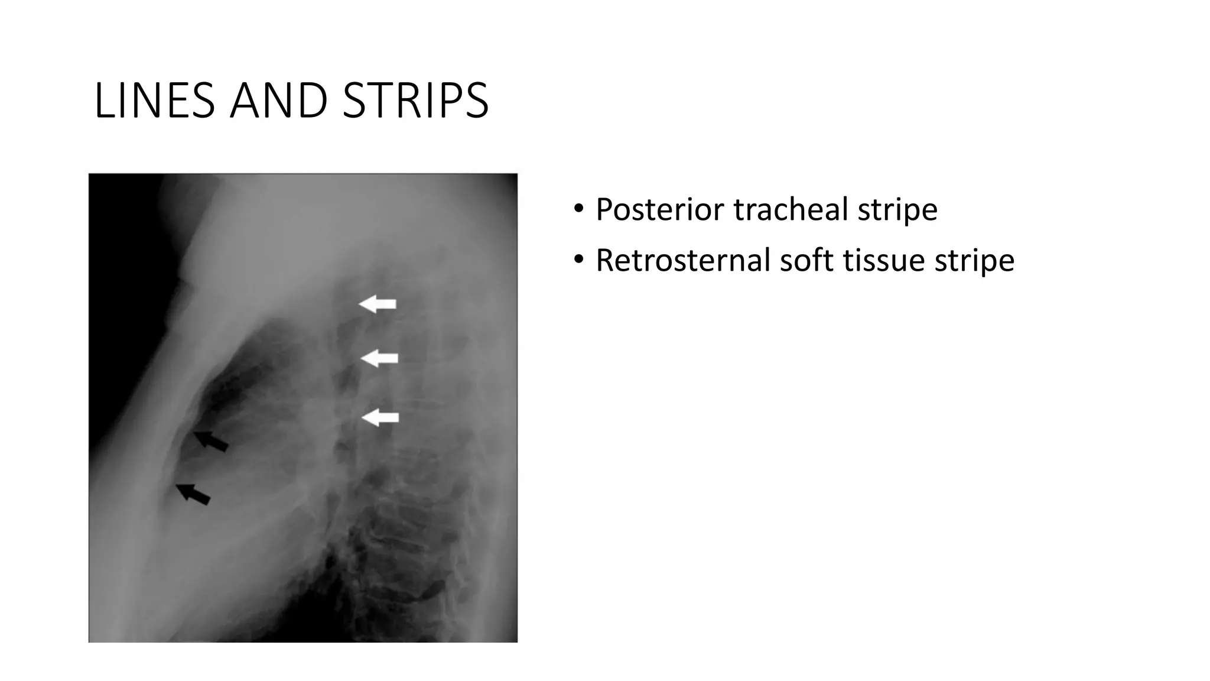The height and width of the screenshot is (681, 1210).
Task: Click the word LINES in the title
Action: [x=154, y=100]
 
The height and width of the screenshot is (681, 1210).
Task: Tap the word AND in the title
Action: [x=279, y=100]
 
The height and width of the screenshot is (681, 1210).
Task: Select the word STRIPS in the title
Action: [x=415, y=100]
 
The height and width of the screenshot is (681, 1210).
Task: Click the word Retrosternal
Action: [x=682, y=260]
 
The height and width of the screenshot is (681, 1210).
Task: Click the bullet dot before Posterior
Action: [x=578, y=208]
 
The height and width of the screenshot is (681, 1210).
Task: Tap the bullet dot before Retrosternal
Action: [x=578, y=259]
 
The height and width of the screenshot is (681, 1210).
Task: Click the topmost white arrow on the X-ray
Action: [x=378, y=304]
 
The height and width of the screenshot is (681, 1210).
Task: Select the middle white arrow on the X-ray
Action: [x=379, y=358]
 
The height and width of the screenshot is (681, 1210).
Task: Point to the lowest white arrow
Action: [x=380, y=417]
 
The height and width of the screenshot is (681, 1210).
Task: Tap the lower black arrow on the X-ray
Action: [x=193, y=494]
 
